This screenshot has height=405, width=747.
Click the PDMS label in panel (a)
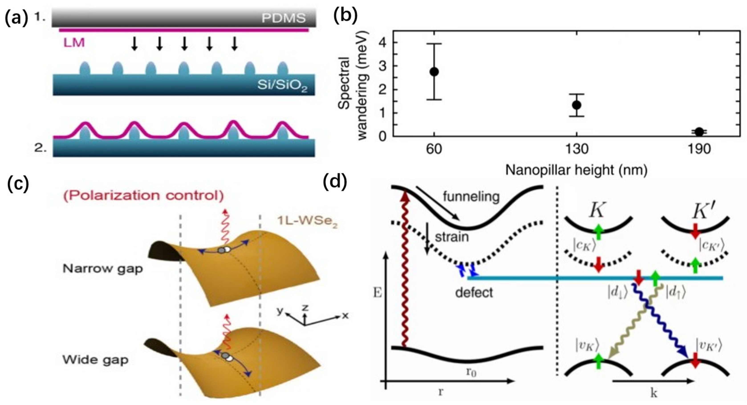[283, 18]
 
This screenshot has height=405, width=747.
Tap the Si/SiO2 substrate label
[282, 85]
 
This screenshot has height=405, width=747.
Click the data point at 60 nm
[434, 72]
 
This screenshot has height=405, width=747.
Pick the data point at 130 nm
[576, 105]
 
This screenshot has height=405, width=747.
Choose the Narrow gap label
[103, 268]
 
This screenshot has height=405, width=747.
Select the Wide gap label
[95, 360]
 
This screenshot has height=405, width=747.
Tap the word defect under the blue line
[474, 292]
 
